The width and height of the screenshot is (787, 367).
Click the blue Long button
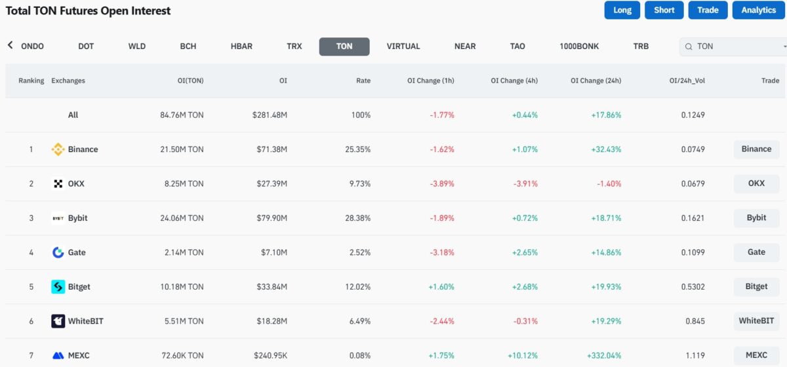[622, 10]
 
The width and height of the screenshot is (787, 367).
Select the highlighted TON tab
[344, 47]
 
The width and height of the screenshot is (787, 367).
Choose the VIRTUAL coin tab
[403, 47]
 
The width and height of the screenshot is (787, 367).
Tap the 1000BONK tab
[579, 47]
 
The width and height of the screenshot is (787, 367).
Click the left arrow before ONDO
[10, 45]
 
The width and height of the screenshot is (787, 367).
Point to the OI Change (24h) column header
[595, 81]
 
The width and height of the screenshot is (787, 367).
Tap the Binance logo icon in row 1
[58, 149]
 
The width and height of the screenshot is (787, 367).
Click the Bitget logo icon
[58, 286]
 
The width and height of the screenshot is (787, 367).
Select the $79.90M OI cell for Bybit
[270, 218]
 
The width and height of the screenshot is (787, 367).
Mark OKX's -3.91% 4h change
[525, 183]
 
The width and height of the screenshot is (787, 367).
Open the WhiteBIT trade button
[756, 321]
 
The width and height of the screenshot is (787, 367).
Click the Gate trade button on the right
[756, 252]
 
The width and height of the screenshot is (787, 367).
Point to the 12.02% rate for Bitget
[358, 286]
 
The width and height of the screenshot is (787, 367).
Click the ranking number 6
[31, 321]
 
